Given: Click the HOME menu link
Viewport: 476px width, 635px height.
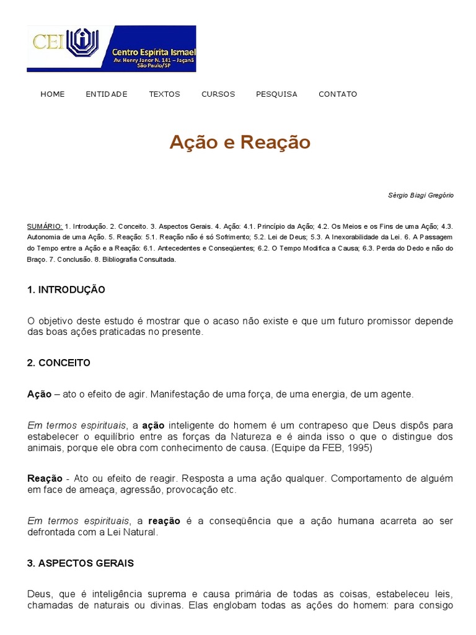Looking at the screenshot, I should tap(52, 94).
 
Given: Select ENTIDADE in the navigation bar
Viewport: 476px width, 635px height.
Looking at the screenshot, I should tap(107, 94).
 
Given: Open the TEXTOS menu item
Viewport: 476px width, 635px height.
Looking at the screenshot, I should tap(164, 94).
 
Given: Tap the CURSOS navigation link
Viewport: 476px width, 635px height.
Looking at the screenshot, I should tap(218, 94).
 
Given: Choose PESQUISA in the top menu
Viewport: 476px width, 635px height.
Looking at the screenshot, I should tap(276, 94).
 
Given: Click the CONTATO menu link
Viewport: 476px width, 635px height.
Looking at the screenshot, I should tap(338, 94).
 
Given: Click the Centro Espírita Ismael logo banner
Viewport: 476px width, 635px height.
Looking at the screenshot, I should tap(112, 48).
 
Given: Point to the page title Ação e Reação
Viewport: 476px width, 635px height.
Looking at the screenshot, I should tap(240, 143).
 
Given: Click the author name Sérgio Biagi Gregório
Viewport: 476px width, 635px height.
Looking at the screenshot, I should tap(420, 195).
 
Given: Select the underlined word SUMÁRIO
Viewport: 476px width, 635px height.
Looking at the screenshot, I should tap(45, 226).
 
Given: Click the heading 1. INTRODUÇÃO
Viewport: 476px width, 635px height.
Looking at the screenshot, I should tap(66, 290).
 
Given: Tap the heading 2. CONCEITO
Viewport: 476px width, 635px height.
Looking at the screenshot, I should tap(59, 363).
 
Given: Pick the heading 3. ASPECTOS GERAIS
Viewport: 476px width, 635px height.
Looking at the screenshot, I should tap(81, 563).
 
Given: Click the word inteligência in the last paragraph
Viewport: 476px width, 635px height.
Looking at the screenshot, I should tap(121, 594).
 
